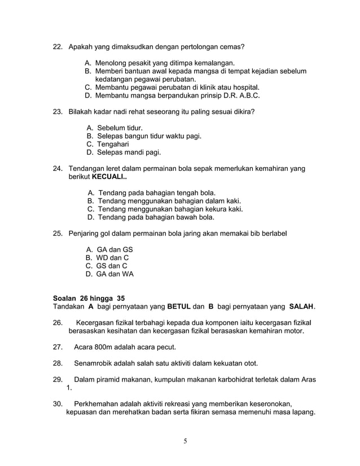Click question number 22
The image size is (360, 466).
coord(58,46)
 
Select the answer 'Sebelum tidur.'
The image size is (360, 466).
coord(120,128)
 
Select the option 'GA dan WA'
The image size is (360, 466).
coord(115,274)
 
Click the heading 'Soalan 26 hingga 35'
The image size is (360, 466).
coord(89,298)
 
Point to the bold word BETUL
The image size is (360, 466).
coord(179,307)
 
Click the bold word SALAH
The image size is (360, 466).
coord(301,307)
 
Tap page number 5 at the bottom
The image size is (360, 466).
coord(185,441)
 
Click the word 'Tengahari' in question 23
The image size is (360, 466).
coord(113,144)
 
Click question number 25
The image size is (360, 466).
coord(58,233)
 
